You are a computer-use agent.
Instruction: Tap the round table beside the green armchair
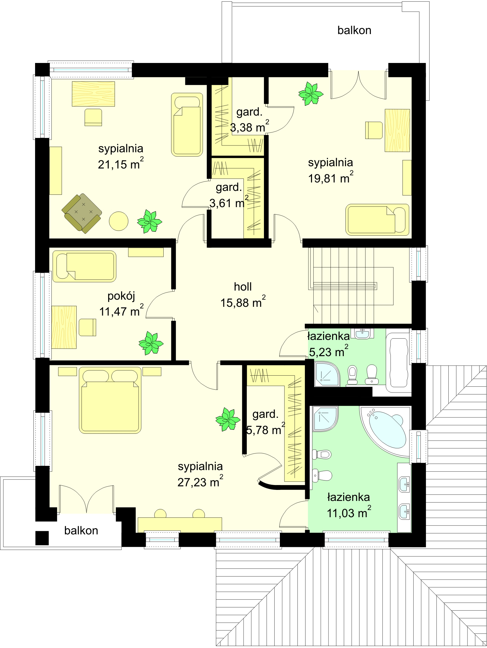point(119,221)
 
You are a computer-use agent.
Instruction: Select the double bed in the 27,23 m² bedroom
point(110,400)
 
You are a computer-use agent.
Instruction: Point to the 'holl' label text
point(243,287)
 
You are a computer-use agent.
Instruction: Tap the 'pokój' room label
point(121,297)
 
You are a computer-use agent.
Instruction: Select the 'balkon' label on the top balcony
point(354,30)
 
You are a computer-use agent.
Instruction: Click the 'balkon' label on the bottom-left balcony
point(81,530)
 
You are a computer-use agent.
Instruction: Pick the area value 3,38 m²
point(249,127)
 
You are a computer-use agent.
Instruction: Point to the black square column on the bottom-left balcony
point(42,538)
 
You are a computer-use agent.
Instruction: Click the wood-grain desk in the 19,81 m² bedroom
point(397,130)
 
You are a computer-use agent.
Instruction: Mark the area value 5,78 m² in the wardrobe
point(266,430)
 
